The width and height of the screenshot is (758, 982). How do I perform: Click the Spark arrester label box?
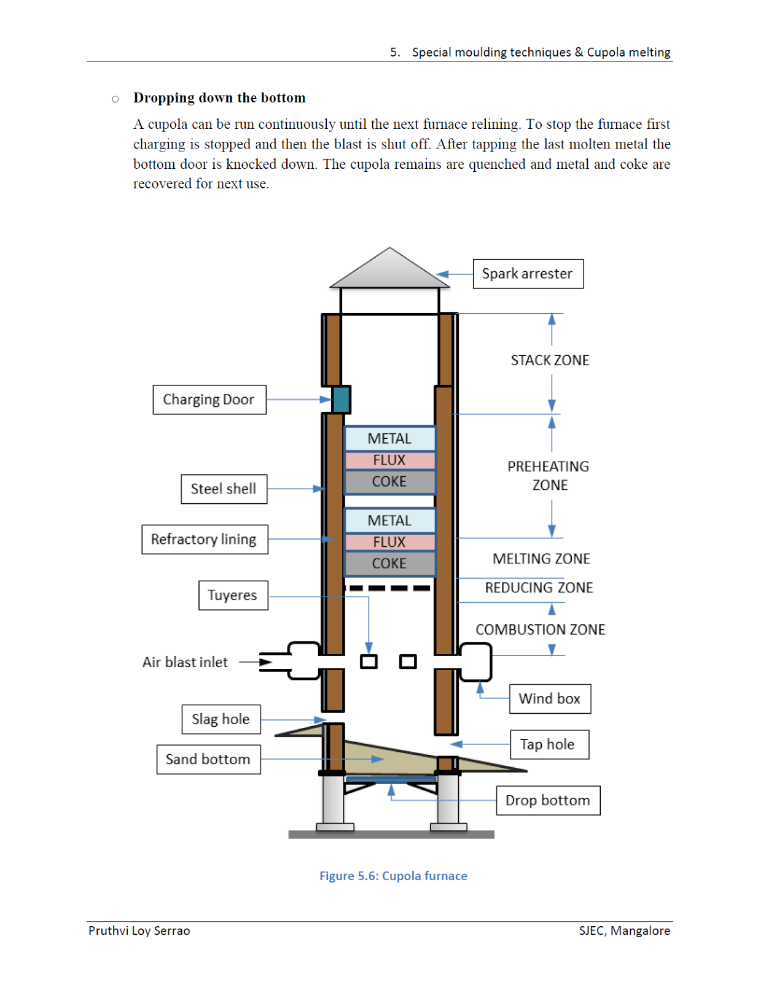528,274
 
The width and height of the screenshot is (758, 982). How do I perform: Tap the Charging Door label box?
209,400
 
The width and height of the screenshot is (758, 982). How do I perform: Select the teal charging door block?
341,400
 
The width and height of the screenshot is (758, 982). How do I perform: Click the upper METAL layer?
389,438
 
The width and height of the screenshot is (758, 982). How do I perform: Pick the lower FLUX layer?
389,542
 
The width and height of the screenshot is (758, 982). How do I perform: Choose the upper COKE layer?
389,482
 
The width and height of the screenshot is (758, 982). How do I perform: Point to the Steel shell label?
224,489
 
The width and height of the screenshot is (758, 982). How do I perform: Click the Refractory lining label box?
204,539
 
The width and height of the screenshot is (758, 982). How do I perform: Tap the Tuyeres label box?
233,595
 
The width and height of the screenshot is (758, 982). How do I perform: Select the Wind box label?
550,699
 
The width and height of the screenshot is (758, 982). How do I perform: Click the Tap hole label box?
549,744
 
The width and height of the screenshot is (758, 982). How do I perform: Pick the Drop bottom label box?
547,800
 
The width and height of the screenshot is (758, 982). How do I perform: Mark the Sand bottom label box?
208,759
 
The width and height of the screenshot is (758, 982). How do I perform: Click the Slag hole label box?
221,719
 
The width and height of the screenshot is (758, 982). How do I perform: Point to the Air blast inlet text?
185,662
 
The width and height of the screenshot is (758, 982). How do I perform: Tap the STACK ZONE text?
550,360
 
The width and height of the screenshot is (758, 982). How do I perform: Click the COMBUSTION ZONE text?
540,630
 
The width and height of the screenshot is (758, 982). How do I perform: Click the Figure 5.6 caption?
393,876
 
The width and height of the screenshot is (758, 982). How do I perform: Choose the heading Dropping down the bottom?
219,98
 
